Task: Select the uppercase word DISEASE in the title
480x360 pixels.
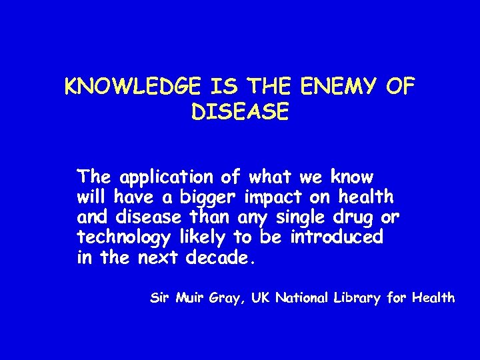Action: coord(240,112)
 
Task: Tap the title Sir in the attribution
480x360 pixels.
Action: coord(159,298)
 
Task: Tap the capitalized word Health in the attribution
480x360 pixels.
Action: coord(433,298)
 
